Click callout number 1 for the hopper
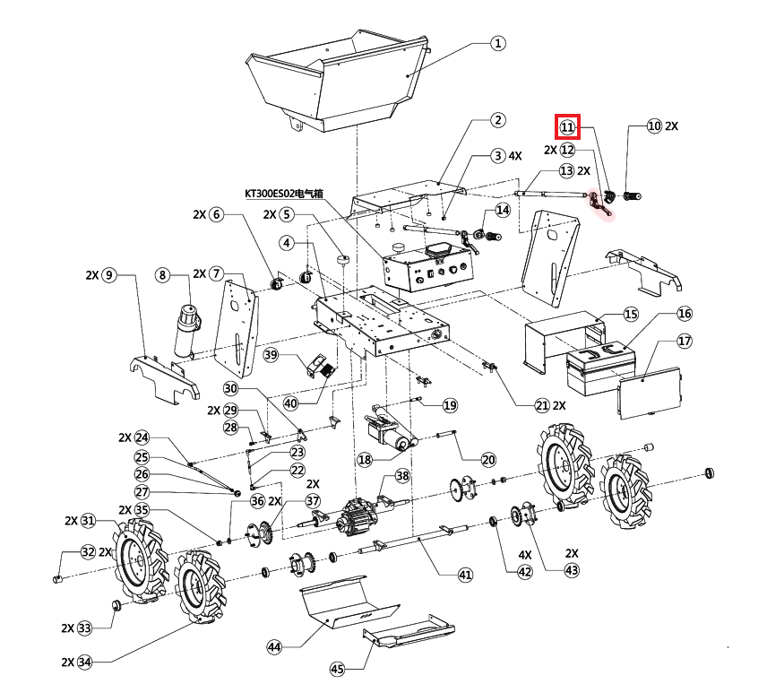[x=498, y=43]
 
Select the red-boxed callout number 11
[x=567, y=127]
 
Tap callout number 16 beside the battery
[x=685, y=314]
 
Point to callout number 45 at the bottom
[x=337, y=668]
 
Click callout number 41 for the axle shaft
[x=464, y=575]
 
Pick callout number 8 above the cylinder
[x=162, y=274]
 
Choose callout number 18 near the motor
[x=364, y=459]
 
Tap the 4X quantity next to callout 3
[x=515, y=155]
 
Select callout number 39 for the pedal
[x=272, y=357]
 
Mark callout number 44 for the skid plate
[x=275, y=645]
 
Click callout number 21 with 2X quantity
[x=541, y=405]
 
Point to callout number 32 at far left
[x=88, y=551]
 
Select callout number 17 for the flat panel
[x=685, y=341]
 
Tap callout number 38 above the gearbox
[x=402, y=476]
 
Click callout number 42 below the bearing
[x=525, y=573]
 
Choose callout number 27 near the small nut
[x=142, y=492]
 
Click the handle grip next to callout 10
[x=632, y=195]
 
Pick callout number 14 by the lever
[x=502, y=210]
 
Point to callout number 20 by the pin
[x=487, y=460]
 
